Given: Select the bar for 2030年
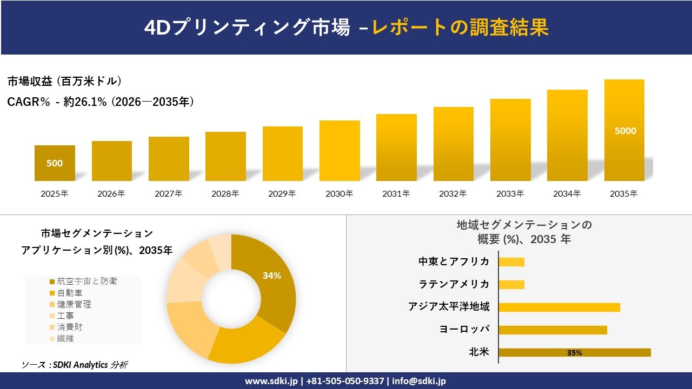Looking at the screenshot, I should [340, 151].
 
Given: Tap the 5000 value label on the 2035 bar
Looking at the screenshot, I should [625, 131].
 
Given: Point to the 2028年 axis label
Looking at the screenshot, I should [225, 193].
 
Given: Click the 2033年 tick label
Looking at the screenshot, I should [510, 193].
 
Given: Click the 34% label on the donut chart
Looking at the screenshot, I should [271, 276].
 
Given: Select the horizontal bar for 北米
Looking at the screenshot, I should [574, 352].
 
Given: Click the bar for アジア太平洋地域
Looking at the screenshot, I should [559, 307].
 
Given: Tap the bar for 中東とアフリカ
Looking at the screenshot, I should [511, 262].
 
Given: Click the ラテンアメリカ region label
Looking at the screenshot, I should [454, 284].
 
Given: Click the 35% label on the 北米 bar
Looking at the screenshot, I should [574, 353].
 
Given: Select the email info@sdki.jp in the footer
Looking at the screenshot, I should [418, 381].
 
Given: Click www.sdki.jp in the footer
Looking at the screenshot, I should [271, 381].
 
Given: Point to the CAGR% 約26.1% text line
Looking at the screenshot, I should [101, 102].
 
